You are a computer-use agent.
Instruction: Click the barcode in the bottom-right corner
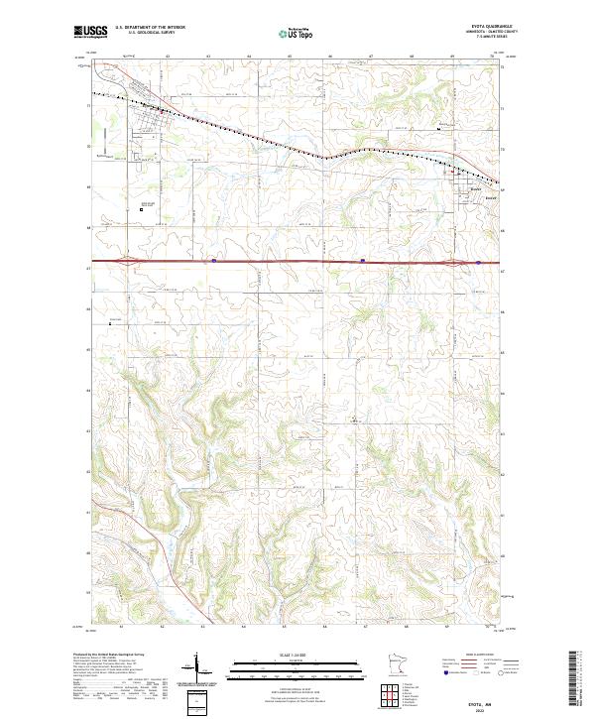pos(574,683)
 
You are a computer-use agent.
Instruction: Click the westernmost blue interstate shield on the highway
pos(214,263)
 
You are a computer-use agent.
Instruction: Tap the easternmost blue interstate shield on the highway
pos(479,263)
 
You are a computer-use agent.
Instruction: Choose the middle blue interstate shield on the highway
pos(363,263)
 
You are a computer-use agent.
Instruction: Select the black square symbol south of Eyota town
pos(141,208)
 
